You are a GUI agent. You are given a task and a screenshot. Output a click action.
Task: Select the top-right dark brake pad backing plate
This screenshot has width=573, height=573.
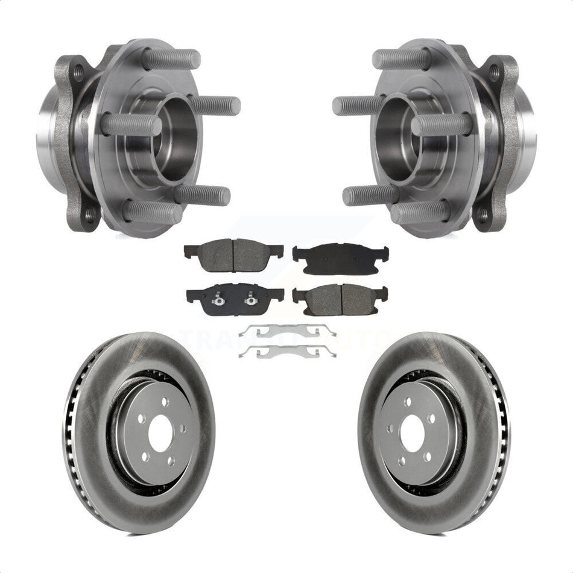[x=340, y=258]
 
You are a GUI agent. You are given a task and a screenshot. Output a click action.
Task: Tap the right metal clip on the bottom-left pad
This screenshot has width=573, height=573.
[x=249, y=296]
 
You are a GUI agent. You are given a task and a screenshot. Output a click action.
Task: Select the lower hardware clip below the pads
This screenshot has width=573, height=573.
[x=287, y=351]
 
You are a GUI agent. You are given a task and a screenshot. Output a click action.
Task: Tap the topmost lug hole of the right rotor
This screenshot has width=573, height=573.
[x=408, y=402]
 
